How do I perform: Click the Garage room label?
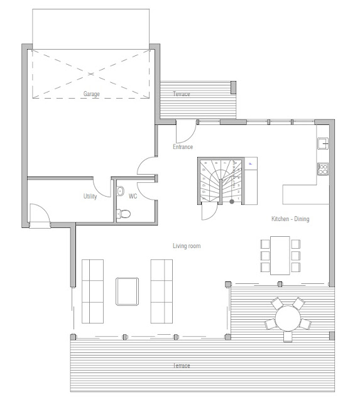(92, 94)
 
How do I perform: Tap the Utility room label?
(90, 197)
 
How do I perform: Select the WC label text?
(133, 197)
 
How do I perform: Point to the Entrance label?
(183, 147)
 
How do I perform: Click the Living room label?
(187, 246)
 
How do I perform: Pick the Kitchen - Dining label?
(290, 219)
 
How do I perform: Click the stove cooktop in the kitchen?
(323, 168)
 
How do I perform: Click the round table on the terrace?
(288, 318)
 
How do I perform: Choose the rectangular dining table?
(280, 255)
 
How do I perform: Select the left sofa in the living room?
(92, 290)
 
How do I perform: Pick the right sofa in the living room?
(161, 290)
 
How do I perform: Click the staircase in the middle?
(221, 181)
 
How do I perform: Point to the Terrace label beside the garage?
(182, 94)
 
